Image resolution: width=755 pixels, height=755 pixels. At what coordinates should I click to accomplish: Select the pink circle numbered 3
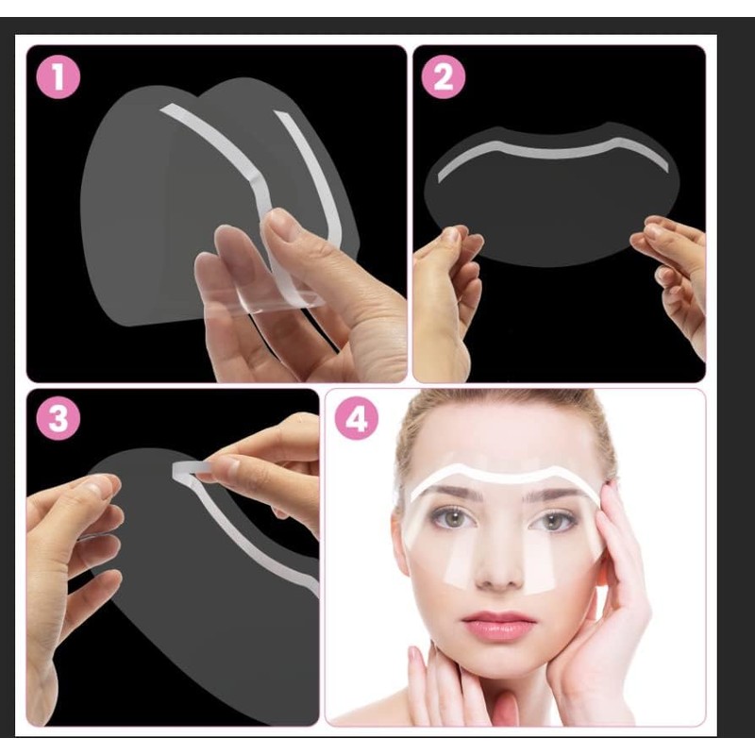[59, 419]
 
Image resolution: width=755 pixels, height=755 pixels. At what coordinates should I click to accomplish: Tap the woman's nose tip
[499, 576]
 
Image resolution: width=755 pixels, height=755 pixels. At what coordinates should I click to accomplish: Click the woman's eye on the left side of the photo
[451, 517]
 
